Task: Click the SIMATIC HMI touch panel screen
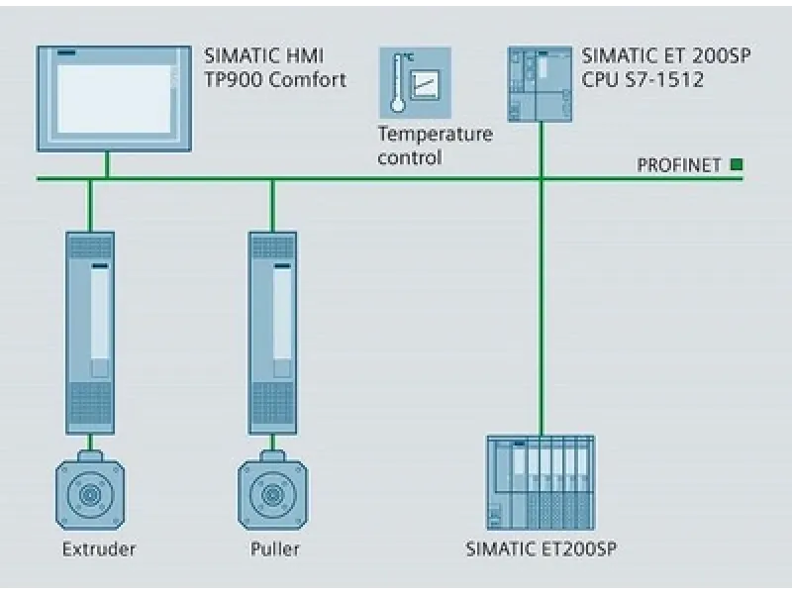113,97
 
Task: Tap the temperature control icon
415,82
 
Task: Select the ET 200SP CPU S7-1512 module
540,83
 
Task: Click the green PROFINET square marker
736,164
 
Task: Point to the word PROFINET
679,165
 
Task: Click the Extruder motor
90,491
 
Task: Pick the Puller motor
272,491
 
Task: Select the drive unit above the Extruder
90,332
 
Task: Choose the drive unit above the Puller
272,332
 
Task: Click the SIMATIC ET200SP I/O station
541,482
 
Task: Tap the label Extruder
98,548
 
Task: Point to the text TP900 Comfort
275,80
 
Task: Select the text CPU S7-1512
643,80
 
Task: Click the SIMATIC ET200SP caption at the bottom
542,548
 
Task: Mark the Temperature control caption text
435,146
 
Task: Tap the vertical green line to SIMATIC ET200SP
541,317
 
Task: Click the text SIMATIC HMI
263,56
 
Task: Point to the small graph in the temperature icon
428,86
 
